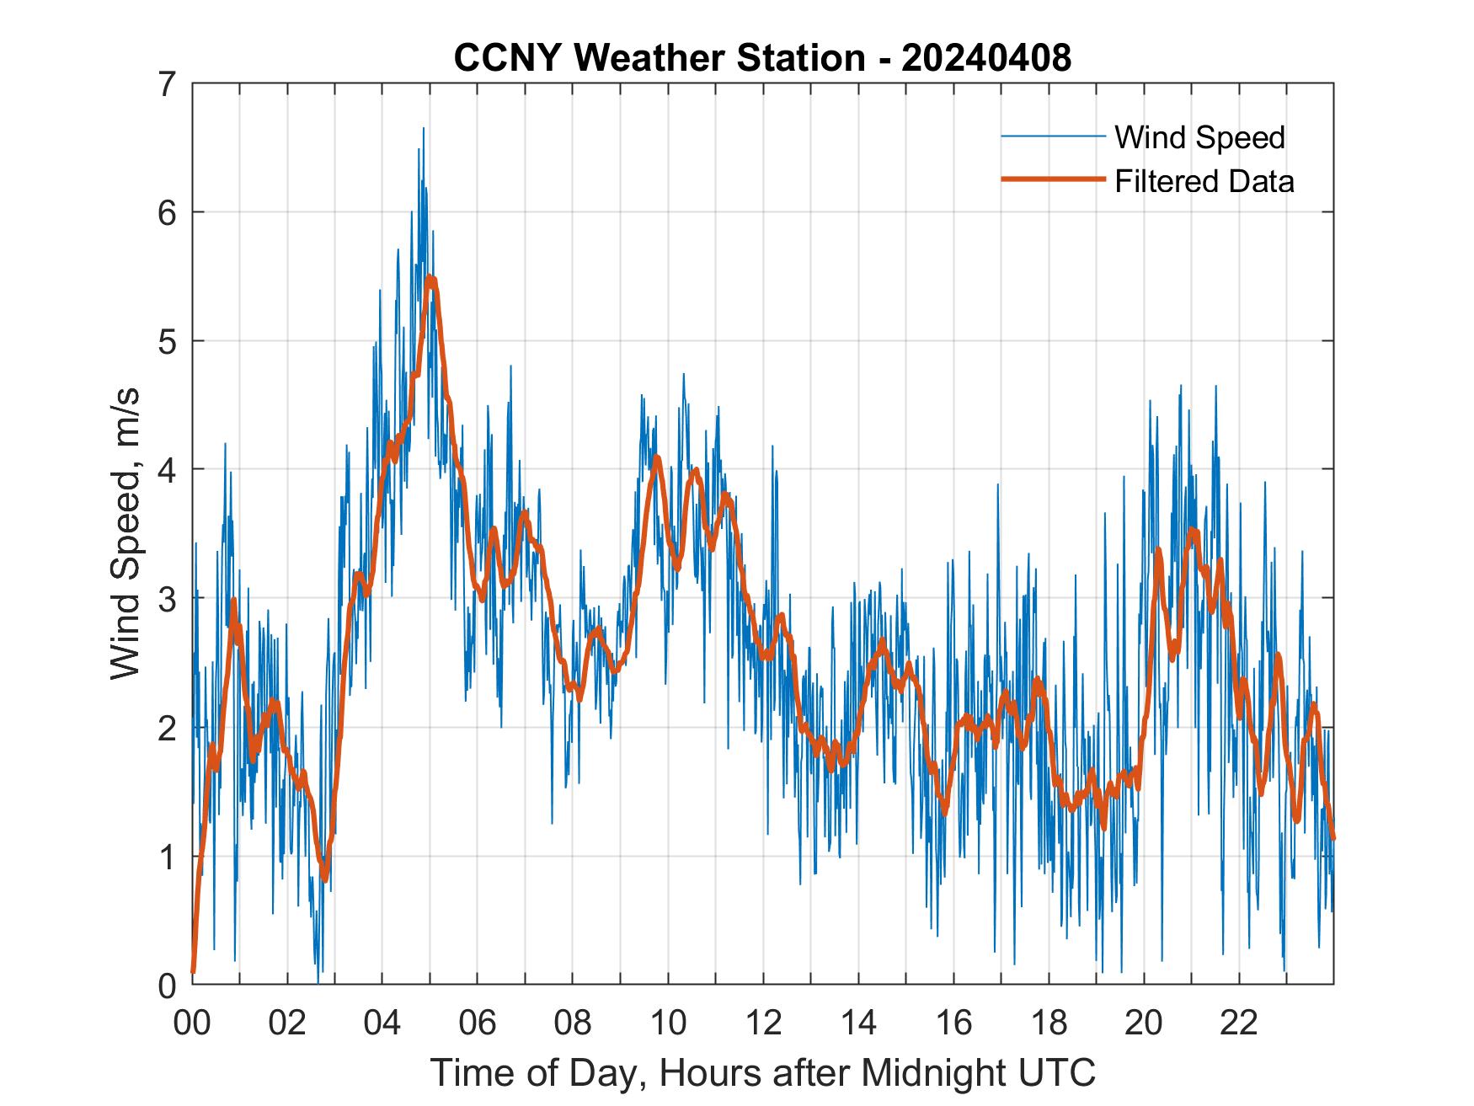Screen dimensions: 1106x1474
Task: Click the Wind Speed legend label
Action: pyautogui.click(x=1199, y=137)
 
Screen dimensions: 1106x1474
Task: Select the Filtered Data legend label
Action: pyautogui.click(x=1204, y=181)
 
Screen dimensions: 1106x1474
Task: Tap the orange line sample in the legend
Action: pyautogui.click(x=1053, y=179)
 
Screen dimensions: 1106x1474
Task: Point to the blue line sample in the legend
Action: pyautogui.click(x=1053, y=136)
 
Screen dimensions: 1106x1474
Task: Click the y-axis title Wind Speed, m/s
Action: pyautogui.click(x=126, y=534)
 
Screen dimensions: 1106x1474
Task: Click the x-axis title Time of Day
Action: pyautogui.click(x=762, y=1072)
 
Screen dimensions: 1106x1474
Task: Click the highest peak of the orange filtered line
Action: pyautogui.click(x=430, y=278)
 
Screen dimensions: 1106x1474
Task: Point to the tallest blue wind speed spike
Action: pyautogui.click(x=423, y=129)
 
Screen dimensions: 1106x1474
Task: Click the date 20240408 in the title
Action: pyautogui.click(x=985, y=59)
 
